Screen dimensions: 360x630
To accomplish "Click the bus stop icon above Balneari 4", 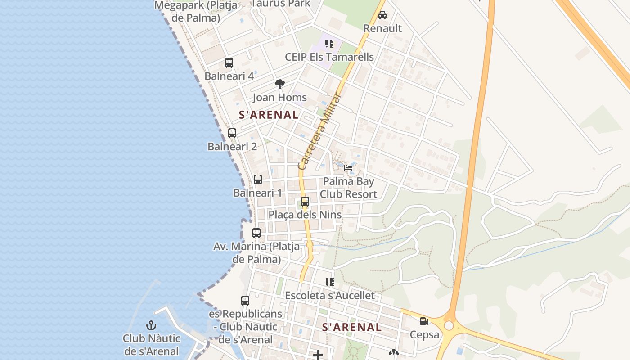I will (x=229, y=63).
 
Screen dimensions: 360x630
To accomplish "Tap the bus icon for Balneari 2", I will (x=232, y=133).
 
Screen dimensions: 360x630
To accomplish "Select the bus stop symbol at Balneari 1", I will (x=258, y=180).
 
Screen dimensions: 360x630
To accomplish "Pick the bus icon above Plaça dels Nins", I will (x=305, y=201).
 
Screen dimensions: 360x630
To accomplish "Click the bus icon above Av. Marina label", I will (x=256, y=233).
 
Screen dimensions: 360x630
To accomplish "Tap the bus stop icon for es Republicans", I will (x=245, y=300).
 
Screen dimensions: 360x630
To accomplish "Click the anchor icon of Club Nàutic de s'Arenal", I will (x=151, y=325).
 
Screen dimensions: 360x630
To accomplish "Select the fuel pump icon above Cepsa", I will (x=424, y=321).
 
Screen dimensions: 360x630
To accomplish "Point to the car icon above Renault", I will (x=382, y=15).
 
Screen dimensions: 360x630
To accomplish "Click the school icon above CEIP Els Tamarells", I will (x=329, y=44).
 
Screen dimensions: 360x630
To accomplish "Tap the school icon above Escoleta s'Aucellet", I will (x=330, y=282).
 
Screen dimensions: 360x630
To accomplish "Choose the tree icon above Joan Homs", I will (x=279, y=84).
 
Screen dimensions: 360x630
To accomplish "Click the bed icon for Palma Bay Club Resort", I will (x=348, y=168).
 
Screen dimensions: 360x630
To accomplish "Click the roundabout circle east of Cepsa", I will (x=449, y=325).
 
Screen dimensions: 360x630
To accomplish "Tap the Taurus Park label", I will (x=281, y=4).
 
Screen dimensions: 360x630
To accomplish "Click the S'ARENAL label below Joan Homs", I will (x=269, y=115).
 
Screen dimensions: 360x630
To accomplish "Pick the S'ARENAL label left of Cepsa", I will (x=352, y=327).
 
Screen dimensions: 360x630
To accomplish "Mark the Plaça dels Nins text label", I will (x=305, y=215).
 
